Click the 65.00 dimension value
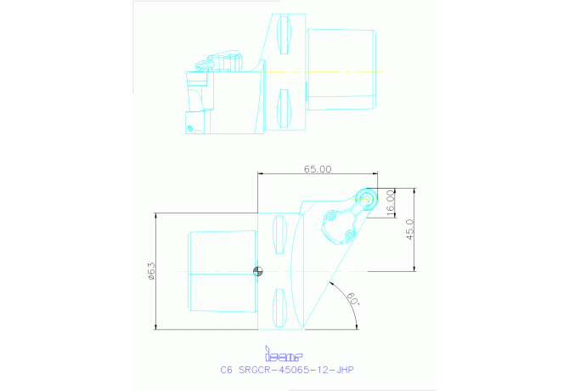tap(318, 169)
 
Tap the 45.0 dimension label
tap(409, 229)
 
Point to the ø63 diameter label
tap(150, 270)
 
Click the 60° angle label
tap(352, 299)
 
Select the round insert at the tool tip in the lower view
tap(367, 199)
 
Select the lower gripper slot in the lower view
tap(279, 308)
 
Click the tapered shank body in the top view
tap(340, 70)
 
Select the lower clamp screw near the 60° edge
tap(348, 235)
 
